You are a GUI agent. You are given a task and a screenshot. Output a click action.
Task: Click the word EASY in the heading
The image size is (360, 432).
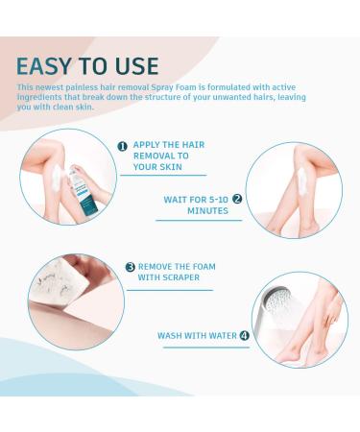tap(43, 66)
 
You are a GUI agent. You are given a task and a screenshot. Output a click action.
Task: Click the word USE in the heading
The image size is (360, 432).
tap(137, 66)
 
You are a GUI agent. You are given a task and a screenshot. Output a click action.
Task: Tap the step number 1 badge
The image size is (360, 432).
tap(123, 147)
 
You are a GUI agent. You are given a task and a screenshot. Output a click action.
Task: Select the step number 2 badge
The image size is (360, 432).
tap(237, 199)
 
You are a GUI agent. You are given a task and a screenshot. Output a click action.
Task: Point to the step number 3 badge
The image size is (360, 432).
tap(130, 267)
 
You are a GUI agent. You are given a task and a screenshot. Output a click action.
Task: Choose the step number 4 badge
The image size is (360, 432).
tap(244, 336)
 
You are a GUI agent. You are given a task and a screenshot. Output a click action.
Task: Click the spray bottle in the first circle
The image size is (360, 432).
tap(83, 191)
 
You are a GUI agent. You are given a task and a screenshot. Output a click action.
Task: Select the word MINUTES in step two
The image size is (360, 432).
tap(207, 211)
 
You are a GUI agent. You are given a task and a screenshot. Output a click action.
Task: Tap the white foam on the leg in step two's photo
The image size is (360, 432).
tap(302, 181)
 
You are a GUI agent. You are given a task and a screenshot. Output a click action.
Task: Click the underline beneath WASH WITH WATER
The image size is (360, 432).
tap(206, 348)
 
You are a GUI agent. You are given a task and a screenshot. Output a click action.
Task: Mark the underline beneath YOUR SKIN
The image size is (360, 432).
tap(163, 175)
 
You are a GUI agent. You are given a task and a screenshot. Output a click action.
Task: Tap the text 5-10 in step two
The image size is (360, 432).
tap(219, 200)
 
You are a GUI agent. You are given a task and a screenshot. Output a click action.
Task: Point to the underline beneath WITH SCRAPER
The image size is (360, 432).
tap(170, 290)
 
